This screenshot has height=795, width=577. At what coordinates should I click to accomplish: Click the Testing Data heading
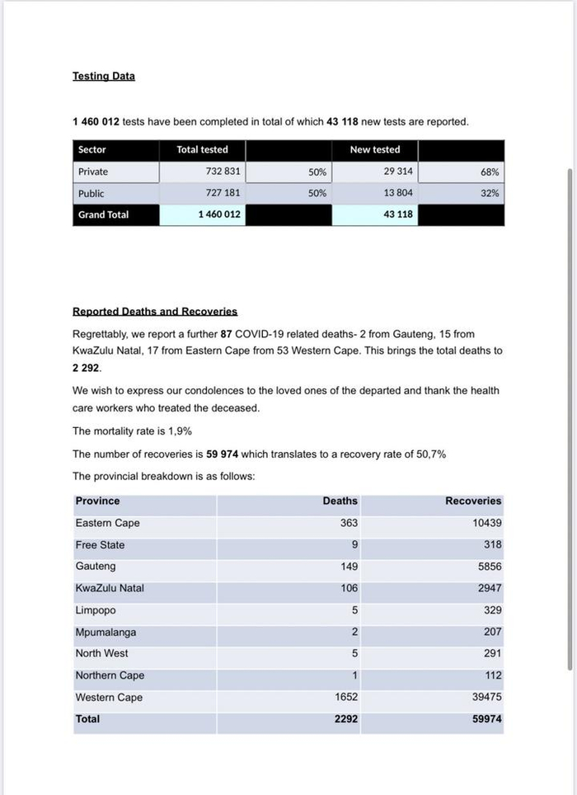(x=104, y=77)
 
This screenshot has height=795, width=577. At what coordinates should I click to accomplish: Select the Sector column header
(x=92, y=150)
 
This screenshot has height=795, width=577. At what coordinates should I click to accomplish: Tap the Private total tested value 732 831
(x=223, y=172)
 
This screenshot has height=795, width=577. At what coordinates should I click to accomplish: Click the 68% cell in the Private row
(x=490, y=172)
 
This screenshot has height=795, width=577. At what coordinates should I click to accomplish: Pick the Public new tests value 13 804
(x=396, y=193)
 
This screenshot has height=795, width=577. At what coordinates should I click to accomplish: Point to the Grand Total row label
(x=104, y=214)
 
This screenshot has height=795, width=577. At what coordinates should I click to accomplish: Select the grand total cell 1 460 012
(x=219, y=214)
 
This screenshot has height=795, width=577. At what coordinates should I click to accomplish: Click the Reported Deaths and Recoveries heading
(x=155, y=312)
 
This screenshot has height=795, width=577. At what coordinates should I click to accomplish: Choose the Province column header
(x=97, y=501)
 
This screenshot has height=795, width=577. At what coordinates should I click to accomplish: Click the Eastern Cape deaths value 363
(x=349, y=523)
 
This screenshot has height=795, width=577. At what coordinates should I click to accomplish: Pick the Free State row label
(x=100, y=545)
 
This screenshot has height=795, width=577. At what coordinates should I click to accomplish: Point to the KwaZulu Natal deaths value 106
(x=349, y=588)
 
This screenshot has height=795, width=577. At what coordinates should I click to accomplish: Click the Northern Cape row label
(x=110, y=675)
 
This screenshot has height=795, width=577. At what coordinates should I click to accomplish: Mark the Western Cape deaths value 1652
(x=345, y=697)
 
